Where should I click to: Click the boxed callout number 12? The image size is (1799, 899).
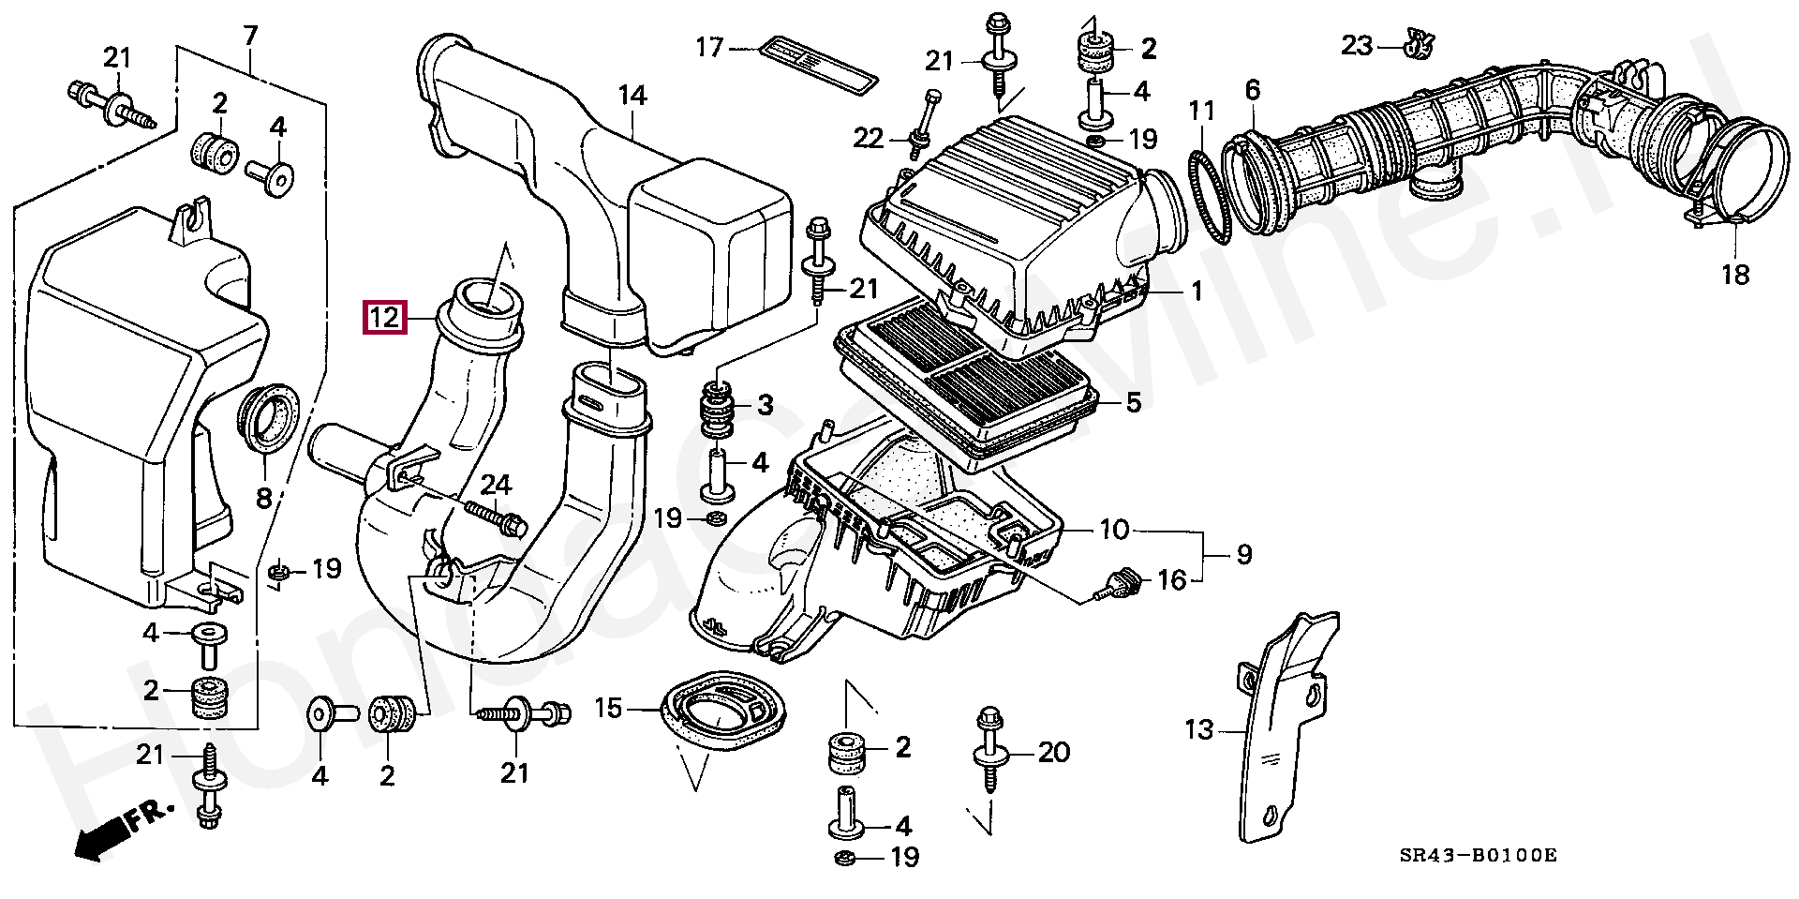384,318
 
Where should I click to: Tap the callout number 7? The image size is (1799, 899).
250,37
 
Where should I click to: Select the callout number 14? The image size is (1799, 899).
632,96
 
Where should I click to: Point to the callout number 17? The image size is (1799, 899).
709,47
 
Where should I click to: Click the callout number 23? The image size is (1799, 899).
1356,45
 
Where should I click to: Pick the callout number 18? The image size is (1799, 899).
1735,275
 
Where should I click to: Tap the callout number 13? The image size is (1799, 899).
1198,729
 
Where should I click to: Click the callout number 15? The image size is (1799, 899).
608,708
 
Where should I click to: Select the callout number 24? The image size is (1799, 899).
496,485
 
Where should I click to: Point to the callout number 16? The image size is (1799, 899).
1172,580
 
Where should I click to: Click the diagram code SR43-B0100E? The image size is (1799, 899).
1478,855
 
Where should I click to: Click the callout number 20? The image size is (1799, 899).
1054,752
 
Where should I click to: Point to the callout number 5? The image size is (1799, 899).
1133,403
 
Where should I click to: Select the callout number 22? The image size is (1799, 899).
868,139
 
